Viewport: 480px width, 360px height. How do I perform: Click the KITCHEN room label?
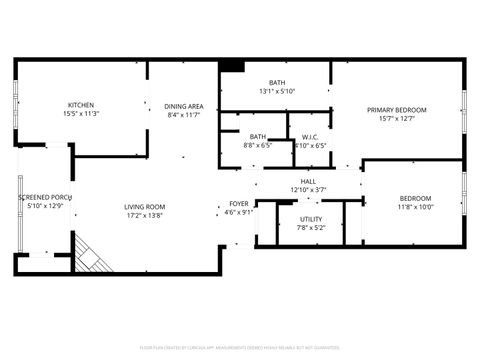pyautogui.click(x=81, y=105)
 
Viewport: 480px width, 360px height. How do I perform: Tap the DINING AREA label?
pyautogui.click(x=185, y=106)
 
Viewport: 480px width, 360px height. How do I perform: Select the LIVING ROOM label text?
pyautogui.click(x=145, y=207)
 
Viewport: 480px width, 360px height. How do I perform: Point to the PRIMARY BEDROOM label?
pyautogui.click(x=396, y=110)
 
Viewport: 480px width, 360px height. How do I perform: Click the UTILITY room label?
pyautogui.click(x=310, y=219)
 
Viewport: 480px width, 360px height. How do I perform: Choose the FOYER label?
pyautogui.click(x=238, y=203)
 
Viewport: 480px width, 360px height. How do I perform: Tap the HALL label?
pyautogui.click(x=308, y=182)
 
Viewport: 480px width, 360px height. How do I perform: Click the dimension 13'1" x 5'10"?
pyautogui.click(x=277, y=91)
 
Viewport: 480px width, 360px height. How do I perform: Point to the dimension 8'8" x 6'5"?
pyautogui.click(x=258, y=145)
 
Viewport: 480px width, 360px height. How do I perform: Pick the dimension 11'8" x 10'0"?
pyautogui.click(x=415, y=207)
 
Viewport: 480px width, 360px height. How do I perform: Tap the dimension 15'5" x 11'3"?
pyautogui.click(x=81, y=114)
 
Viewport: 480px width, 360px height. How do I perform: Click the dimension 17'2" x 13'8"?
pyautogui.click(x=145, y=215)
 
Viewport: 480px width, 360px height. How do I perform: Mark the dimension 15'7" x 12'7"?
pyautogui.click(x=396, y=119)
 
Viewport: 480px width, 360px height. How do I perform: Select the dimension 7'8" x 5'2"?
pyautogui.click(x=310, y=227)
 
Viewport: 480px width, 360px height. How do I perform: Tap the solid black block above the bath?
pyautogui.click(x=231, y=66)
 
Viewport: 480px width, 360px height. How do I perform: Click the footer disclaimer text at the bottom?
pyautogui.click(x=240, y=349)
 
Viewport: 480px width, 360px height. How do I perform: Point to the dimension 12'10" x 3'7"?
pyautogui.click(x=308, y=190)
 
